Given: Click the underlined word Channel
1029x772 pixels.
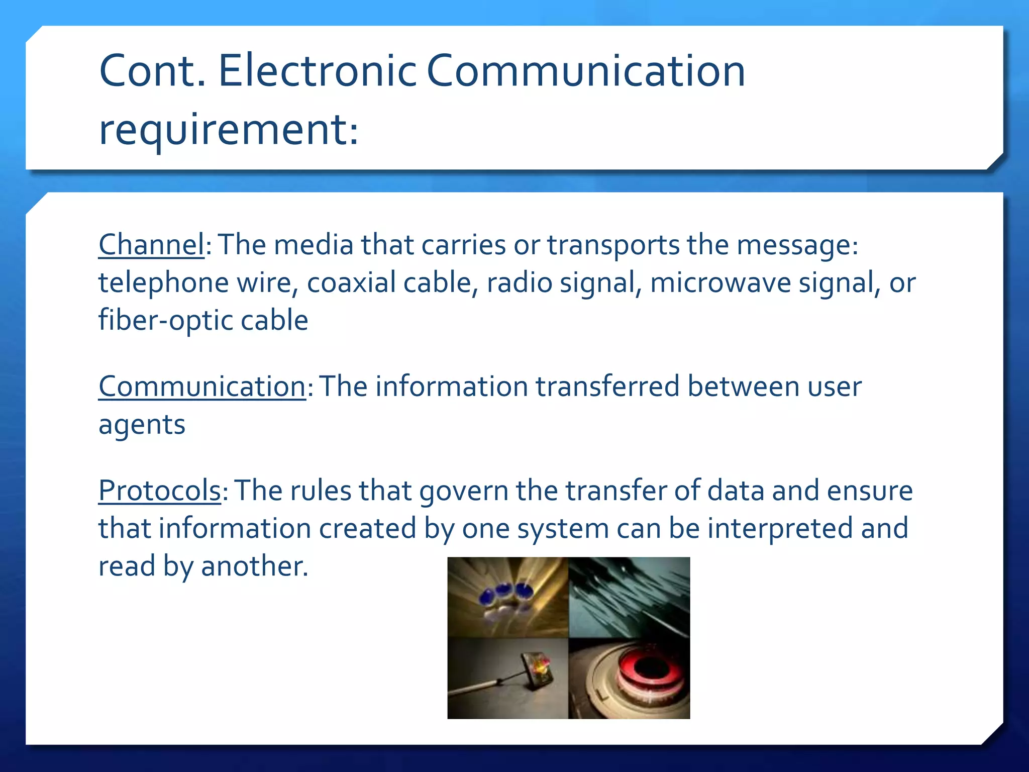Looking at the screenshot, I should point(151,245).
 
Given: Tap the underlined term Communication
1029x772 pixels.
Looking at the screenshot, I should point(202,387).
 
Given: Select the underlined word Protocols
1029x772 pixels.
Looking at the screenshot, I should point(159,491).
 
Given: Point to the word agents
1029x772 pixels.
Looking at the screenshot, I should point(142,425).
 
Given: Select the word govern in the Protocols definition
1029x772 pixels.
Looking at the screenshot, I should point(464,491).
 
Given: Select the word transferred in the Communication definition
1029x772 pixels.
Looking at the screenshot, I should point(607,387).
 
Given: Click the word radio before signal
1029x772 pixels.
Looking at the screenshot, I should point(519,282).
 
